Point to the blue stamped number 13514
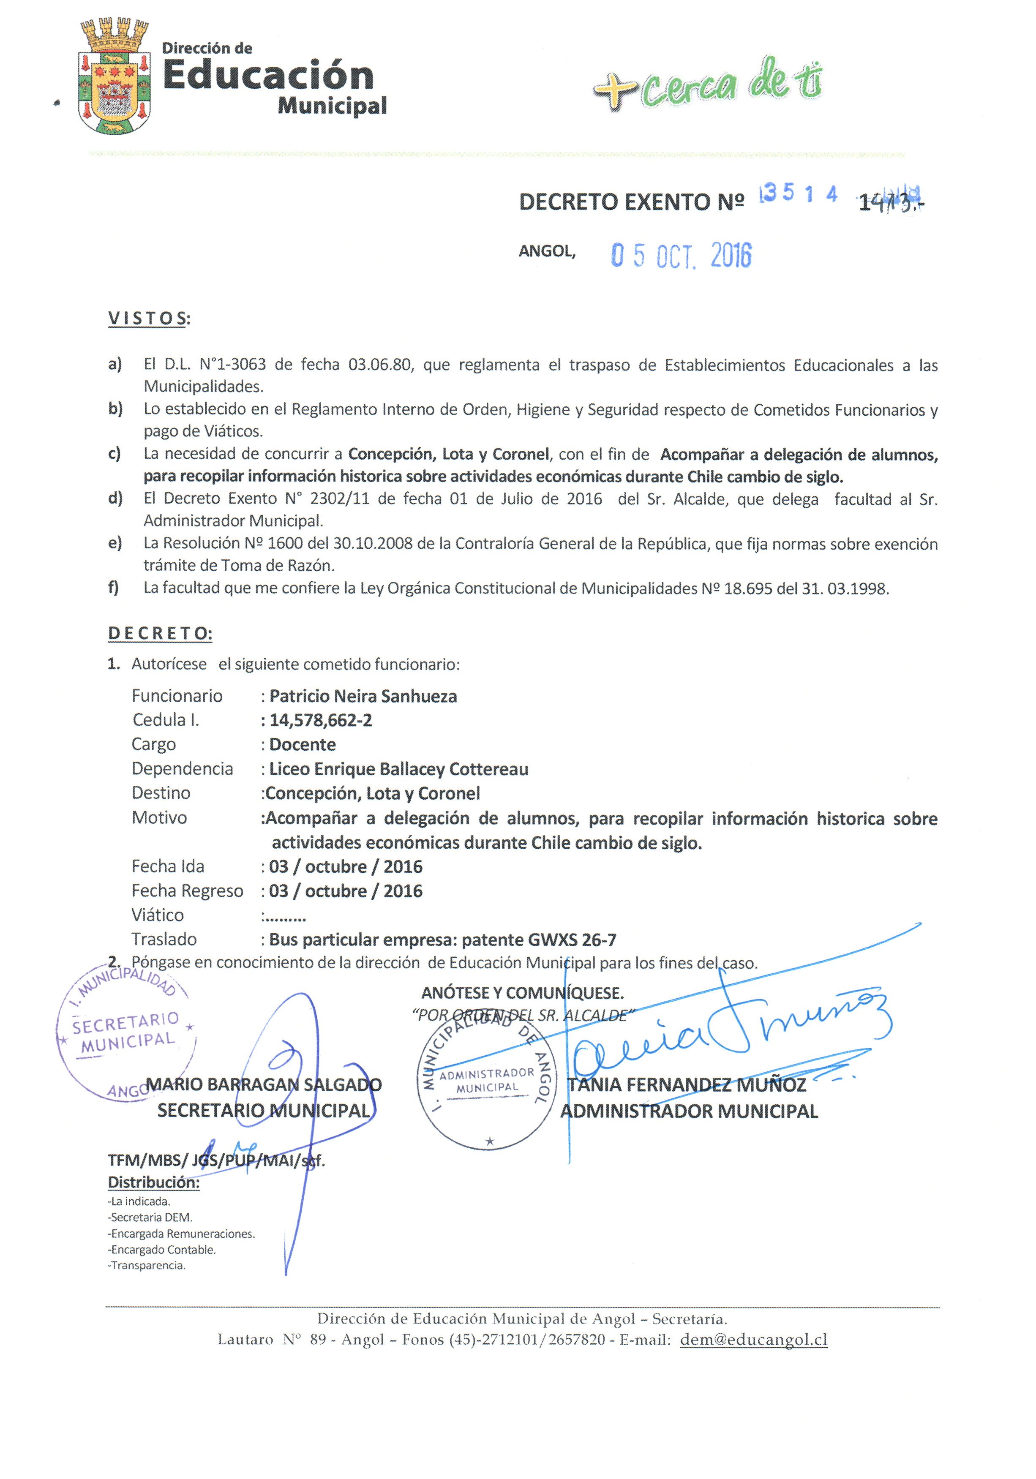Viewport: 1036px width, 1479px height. point(798,194)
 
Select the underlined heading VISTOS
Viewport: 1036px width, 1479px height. point(148,318)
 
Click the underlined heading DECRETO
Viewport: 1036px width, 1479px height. point(160,633)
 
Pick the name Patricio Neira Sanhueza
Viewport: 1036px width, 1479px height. point(363,696)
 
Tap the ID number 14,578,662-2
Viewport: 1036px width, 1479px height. point(320,720)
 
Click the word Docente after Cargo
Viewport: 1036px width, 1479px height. point(302,745)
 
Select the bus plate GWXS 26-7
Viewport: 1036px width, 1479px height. point(572,940)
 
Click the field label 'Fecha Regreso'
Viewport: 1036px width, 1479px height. point(187,891)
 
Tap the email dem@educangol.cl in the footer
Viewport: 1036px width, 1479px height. point(753,1340)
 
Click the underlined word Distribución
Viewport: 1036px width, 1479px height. point(153,1183)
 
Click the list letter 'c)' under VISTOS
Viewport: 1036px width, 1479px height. point(115,454)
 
